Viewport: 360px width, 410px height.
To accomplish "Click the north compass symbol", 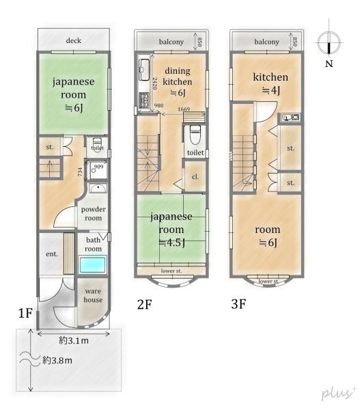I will (329, 45).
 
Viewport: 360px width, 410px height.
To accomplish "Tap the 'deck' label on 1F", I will (74, 41).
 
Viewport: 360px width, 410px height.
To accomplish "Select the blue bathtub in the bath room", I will (92, 264).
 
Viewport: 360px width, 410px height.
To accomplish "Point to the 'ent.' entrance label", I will (51, 254).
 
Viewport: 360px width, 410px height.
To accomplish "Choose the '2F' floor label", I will (143, 305).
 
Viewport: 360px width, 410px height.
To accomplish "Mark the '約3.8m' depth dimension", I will (58, 360).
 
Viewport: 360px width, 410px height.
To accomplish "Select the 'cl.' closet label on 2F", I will (195, 176).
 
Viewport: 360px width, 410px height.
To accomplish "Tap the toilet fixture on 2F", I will (194, 131).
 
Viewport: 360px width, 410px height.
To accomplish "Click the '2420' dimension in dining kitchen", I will (154, 85).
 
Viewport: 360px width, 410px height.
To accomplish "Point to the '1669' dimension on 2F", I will (184, 109).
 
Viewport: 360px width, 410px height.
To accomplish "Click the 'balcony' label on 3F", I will (266, 42).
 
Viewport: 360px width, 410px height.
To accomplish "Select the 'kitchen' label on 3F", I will (271, 77).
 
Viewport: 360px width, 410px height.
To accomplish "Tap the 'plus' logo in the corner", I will (337, 392).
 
